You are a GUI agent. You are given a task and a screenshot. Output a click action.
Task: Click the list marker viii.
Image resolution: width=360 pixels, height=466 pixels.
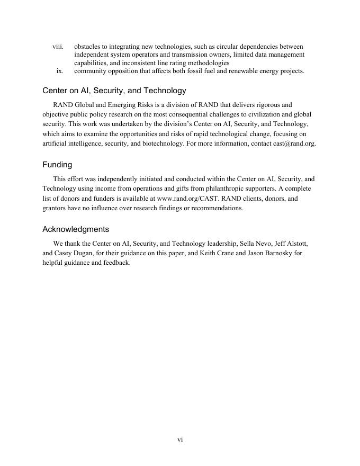pos(58,47)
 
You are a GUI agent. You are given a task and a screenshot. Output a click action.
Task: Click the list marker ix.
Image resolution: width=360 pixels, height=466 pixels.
pos(60,70)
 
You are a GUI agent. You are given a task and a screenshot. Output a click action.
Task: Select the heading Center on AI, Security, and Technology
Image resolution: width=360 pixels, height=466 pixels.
pos(114,91)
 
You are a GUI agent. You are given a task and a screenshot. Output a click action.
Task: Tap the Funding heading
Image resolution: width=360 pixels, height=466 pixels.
pos(57,165)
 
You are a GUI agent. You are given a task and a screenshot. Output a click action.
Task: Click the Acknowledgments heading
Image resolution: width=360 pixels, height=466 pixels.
pos(76,229)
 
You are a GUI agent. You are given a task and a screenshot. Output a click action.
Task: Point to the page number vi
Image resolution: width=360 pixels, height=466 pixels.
pos(180,440)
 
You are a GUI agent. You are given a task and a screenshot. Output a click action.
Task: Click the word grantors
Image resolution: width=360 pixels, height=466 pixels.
pos(56,208)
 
